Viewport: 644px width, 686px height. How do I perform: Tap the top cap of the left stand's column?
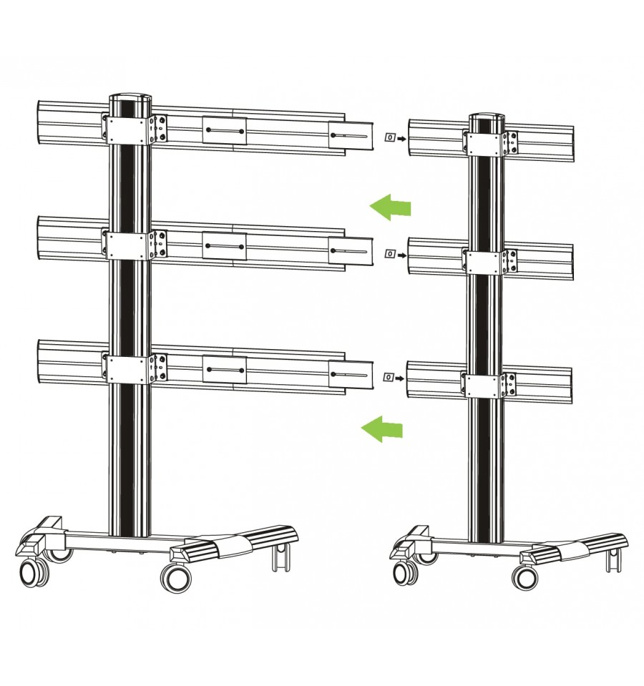pyautogui.click(x=131, y=101)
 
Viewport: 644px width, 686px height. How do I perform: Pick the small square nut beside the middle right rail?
pyautogui.click(x=389, y=253)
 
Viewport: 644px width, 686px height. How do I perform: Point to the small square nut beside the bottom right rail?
pyautogui.click(x=389, y=377)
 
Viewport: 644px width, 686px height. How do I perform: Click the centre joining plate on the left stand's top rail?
pyautogui.click(x=224, y=131)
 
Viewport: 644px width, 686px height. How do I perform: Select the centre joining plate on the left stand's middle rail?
pyautogui.click(x=224, y=246)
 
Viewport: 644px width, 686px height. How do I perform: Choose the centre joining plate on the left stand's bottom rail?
pyautogui.click(x=225, y=370)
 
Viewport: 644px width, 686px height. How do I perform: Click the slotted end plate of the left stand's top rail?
pyautogui.click(x=351, y=136)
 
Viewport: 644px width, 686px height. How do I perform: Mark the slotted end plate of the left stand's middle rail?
pyautogui.click(x=351, y=250)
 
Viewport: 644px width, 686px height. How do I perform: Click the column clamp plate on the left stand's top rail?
pyautogui.click(x=129, y=129)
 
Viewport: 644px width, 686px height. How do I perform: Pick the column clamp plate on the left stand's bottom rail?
pyautogui.click(x=129, y=368)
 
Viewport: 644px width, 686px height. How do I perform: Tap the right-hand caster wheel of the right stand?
pyautogui.click(x=526, y=577)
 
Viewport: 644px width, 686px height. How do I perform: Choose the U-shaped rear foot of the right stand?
pyautogui.click(x=613, y=559)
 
